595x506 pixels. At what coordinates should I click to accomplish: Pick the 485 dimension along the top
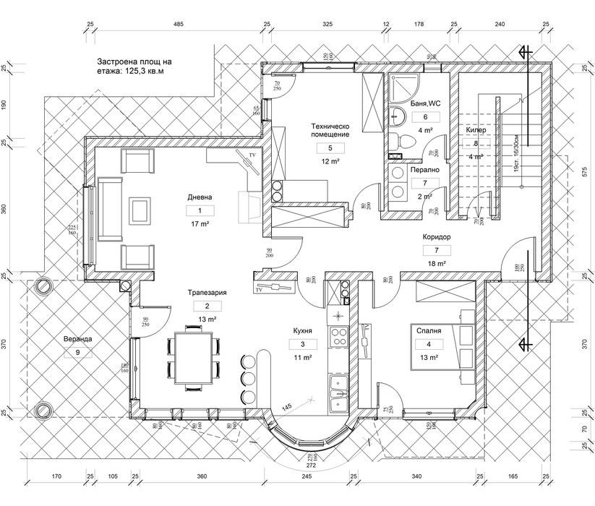178,25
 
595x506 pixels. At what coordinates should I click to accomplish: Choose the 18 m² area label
436,264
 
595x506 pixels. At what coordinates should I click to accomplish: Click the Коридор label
436,236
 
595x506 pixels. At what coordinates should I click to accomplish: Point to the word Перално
425,170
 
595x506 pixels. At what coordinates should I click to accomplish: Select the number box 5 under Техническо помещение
330,148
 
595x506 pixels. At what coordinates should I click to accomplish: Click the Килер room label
476,130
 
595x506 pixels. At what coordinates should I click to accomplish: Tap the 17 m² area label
200,225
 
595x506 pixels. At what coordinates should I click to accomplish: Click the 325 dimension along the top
327,25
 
